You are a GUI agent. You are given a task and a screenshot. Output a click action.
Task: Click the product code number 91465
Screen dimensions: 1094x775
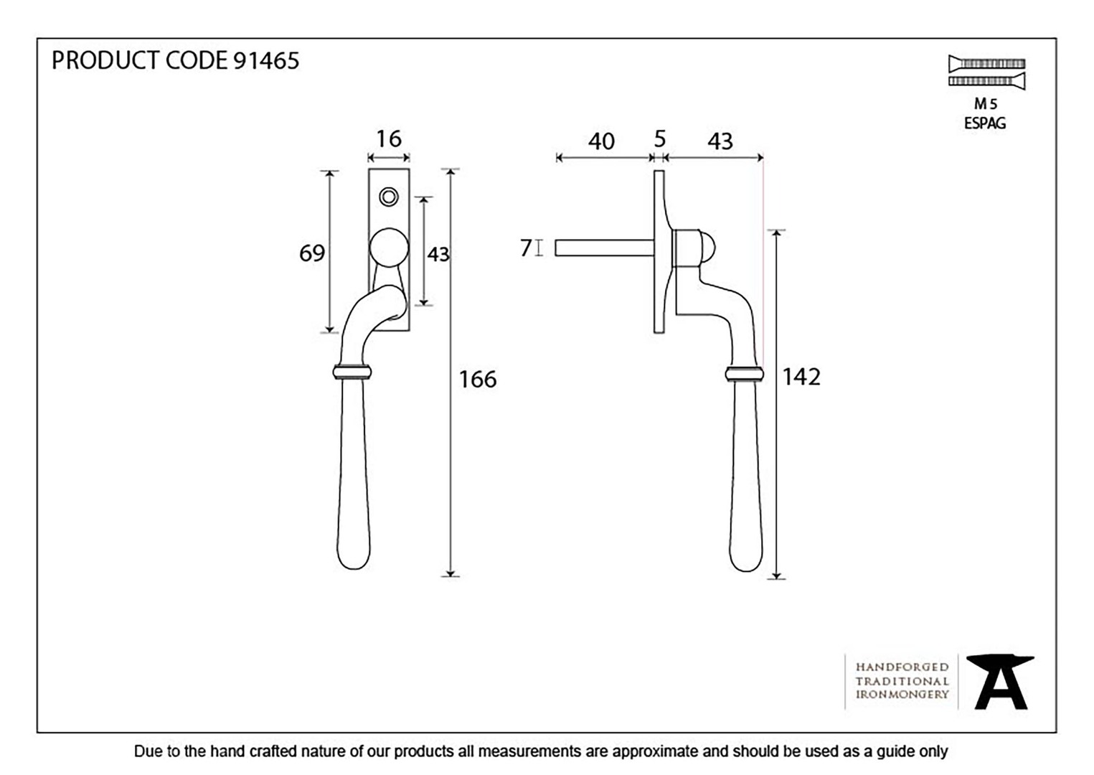point(266,61)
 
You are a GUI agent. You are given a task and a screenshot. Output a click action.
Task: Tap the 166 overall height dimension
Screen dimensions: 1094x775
point(478,379)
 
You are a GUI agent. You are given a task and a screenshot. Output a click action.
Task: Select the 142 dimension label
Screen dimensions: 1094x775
point(801,377)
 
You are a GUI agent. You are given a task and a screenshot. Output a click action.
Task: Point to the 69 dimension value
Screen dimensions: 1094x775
point(312,253)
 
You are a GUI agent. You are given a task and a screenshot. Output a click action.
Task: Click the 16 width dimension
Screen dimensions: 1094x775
point(389,138)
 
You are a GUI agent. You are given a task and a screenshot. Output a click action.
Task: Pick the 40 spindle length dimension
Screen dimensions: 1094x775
point(601,141)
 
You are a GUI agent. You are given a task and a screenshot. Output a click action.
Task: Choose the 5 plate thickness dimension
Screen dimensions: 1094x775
point(660,139)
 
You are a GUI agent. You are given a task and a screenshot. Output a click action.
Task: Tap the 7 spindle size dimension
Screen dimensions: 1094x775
point(526,248)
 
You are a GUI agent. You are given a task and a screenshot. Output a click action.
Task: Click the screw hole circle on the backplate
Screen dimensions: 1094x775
point(389,197)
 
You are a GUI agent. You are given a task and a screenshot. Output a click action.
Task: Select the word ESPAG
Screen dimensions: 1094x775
point(985,123)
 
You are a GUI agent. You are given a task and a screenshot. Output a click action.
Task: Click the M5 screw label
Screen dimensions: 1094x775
point(986,103)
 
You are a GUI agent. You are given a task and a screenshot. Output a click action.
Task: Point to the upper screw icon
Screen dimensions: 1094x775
point(986,64)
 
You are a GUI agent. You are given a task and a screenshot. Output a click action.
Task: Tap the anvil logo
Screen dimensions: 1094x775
point(1000,682)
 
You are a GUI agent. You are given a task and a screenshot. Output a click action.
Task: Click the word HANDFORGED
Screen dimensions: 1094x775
point(902,667)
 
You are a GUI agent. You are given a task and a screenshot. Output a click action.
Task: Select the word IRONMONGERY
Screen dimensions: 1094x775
point(902,695)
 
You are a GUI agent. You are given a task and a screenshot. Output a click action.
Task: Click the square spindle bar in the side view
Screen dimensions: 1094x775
point(605,248)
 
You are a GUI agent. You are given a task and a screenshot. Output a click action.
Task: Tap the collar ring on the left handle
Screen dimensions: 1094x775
point(352,372)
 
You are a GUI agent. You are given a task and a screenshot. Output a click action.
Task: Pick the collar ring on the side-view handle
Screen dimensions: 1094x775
point(745,374)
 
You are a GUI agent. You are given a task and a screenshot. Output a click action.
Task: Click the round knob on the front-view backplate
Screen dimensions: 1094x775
point(389,248)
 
